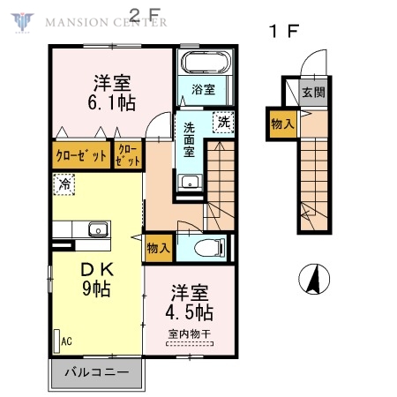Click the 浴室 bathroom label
click(x=204, y=89)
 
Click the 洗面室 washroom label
click(x=190, y=139)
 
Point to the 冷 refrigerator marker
click(x=64, y=184)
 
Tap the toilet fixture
click(x=208, y=248)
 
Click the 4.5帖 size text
click(x=191, y=311)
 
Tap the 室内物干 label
click(x=191, y=333)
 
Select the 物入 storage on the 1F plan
click(x=282, y=124)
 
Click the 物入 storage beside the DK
click(x=159, y=249)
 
